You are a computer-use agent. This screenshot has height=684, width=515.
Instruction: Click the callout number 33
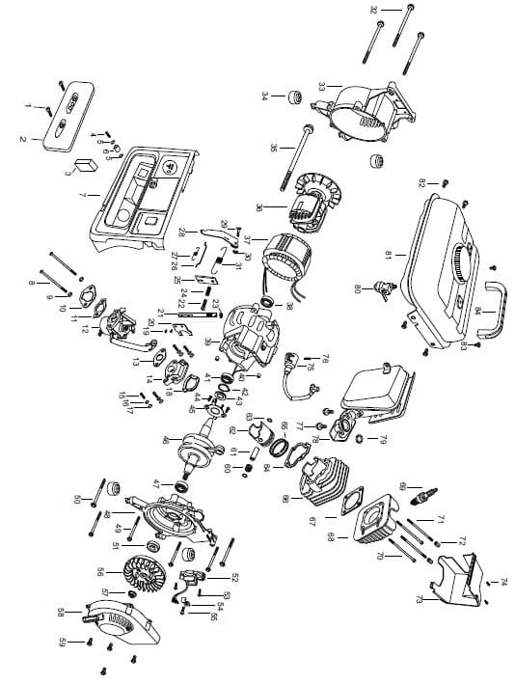coord(321,86)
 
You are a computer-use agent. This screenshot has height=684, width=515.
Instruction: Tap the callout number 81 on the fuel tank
coord(388,255)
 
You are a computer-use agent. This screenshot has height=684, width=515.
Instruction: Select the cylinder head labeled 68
coord(368,526)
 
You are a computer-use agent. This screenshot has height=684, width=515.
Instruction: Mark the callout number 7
coord(82,196)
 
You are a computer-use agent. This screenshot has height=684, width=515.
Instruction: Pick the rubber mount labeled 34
coord(287,96)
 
